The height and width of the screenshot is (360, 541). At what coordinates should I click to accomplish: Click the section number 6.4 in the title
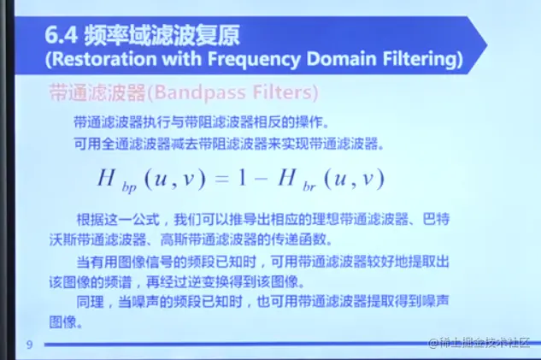tap(61, 35)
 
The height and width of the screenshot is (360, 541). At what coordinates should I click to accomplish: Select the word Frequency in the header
tap(254, 59)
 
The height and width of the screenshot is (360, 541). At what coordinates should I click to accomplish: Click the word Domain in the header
tap(341, 59)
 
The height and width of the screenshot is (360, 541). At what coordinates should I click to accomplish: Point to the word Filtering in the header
tap(419, 59)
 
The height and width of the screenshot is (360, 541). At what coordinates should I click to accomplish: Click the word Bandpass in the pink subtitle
tap(199, 92)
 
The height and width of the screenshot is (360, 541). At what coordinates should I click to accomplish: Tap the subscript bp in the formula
tap(129, 187)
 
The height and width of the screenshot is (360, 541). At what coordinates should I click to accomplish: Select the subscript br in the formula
tap(309, 186)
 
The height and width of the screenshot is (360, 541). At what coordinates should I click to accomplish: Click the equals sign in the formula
tap(221, 179)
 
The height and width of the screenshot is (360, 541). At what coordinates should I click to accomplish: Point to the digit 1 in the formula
tap(242, 178)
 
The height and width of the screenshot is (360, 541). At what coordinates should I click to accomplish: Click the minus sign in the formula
tap(262, 179)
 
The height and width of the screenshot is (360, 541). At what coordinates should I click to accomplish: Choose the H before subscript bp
tap(106, 178)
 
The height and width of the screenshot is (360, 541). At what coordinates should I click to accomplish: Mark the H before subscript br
tap(286, 178)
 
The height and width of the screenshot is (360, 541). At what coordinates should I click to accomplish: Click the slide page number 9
tap(29, 345)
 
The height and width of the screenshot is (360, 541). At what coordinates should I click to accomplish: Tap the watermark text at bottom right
tap(479, 343)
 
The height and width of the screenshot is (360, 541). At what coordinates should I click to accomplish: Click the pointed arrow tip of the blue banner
tap(486, 44)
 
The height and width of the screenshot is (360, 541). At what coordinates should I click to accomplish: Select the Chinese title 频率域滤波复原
tap(162, 35)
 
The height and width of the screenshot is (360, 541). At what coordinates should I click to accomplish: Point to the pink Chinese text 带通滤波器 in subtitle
tap(97, 92)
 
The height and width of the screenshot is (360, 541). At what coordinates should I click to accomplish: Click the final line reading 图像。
tap(66, 322)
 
